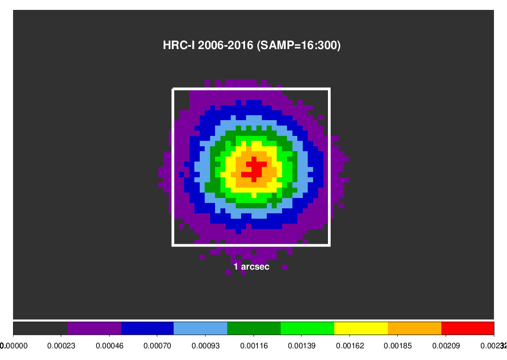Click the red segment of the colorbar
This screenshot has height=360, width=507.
pos(467,328)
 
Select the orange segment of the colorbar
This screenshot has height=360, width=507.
pos(414,328)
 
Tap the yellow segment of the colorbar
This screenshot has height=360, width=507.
pos(361,328)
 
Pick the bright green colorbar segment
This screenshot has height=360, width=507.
pos(307,328)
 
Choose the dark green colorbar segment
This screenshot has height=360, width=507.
pos(254,328)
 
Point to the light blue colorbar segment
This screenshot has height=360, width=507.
pos(200,328)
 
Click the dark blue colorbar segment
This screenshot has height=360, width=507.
pos(147,328)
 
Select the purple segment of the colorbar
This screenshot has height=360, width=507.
pos(94,328)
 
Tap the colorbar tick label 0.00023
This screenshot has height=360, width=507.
pos(61,346)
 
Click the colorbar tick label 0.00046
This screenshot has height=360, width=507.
pos(109,346)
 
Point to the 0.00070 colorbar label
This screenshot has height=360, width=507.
pos(157,346)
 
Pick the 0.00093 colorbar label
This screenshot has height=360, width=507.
pos(205,346)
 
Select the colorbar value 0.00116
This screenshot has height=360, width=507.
pos(253,346)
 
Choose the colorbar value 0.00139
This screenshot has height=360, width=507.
pos(301,346)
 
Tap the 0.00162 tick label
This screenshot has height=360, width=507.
pos(350,346)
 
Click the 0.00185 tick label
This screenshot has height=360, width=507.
pos(398,346)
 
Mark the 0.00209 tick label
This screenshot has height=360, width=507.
pos(446,346)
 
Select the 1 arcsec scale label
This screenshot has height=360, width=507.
pos(251,267)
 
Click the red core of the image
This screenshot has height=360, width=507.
pos(254,168)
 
